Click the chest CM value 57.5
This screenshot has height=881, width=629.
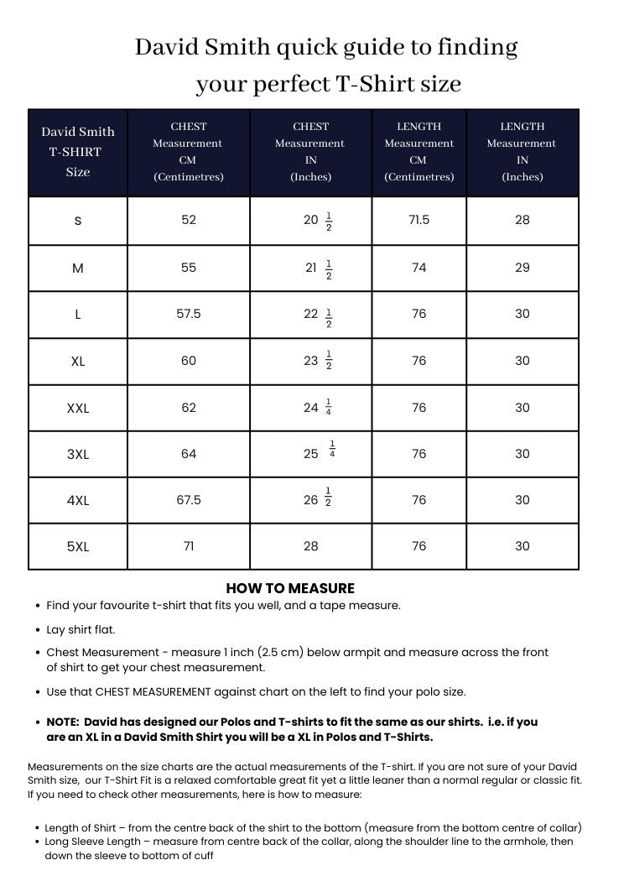[189, 314]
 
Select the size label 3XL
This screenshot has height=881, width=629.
[78, 454]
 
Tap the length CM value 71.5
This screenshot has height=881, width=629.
[418, 220]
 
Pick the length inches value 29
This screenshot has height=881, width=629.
[522, 268]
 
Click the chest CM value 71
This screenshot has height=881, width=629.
[189, 546]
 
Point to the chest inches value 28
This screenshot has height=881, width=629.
[311, 546]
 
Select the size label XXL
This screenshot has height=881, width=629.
[78, 409]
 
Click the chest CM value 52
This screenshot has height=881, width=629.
[189, 220]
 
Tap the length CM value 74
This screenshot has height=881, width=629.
[418, 268]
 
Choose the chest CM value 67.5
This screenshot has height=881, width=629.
[189, 500]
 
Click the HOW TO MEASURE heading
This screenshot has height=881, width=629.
[290, 588]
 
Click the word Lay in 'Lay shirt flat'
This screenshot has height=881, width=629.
[55, 629]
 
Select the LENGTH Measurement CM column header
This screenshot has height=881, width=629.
[418, 152]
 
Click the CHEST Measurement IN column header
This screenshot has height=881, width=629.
[311, 152]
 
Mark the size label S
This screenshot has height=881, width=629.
[78, 221]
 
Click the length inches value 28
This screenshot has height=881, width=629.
[522, 220]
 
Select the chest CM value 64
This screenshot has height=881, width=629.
[189, 454]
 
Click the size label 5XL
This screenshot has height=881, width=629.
[78, 547]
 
